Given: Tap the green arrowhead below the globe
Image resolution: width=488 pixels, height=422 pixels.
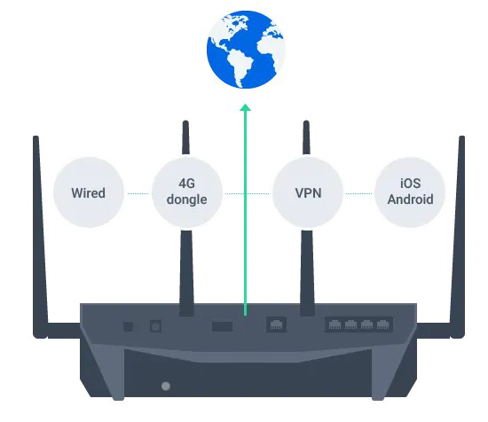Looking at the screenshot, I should click(x=246, y=110).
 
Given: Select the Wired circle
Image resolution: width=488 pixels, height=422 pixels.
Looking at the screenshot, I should click(x=89, y=192).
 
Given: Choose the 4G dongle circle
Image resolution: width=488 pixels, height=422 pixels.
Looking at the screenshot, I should click(x=186, y=192).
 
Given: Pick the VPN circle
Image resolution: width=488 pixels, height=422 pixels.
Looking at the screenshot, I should click(x=309, y=192).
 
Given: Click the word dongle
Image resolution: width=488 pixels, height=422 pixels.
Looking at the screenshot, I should click(x=186, y=200).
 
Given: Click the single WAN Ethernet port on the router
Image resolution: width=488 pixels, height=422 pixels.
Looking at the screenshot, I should click(x=277, y=325).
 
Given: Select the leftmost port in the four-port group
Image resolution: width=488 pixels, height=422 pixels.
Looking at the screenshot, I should click(x=335, y=325).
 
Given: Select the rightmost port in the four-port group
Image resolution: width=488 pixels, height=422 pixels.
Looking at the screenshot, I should click(x=383, y=325).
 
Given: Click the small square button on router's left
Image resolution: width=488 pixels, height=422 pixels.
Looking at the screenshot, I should click(x=129, y=326).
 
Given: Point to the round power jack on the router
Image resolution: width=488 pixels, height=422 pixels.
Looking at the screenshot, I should click(x=157, y=326).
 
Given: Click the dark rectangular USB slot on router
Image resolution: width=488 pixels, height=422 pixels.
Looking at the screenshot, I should click(x=222, y=326).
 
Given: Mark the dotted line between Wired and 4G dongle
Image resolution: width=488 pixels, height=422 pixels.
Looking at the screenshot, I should click(x=138, y=193).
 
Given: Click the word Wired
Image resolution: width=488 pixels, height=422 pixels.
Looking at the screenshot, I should click(x=89, y=193).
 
